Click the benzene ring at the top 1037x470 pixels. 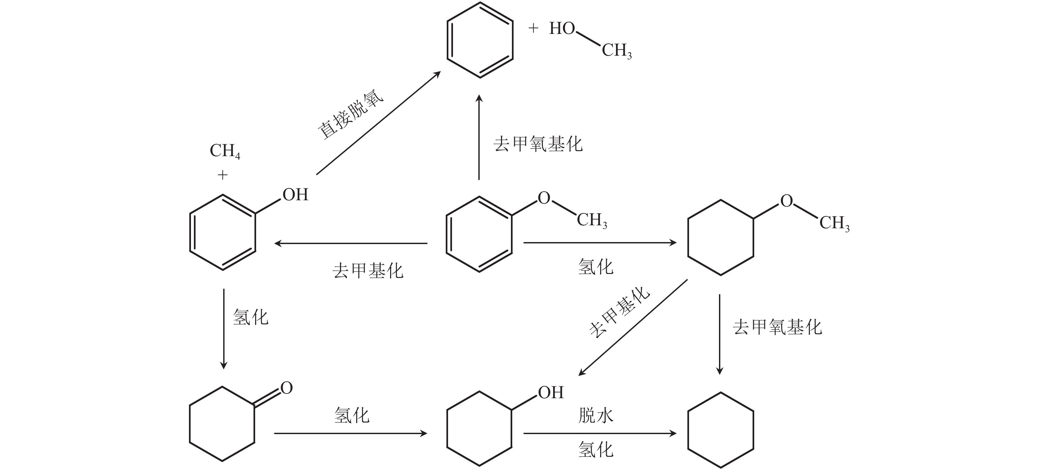(480, 40)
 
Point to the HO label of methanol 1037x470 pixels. (562, 29)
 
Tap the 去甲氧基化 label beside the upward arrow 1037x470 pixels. (538, 144)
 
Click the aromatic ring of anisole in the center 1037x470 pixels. (479, 235)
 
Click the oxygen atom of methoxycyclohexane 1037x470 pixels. (786, 201)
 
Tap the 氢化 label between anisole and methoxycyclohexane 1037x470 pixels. (596, 266)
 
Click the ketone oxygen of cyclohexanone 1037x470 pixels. (287, 388)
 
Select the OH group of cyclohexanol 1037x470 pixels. (551, 392)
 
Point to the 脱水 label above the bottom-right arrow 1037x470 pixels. (596, 415)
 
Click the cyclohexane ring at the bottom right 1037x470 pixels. (721, 430)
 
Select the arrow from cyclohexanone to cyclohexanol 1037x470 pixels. (351, 433)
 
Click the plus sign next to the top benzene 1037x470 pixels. (533, 28)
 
